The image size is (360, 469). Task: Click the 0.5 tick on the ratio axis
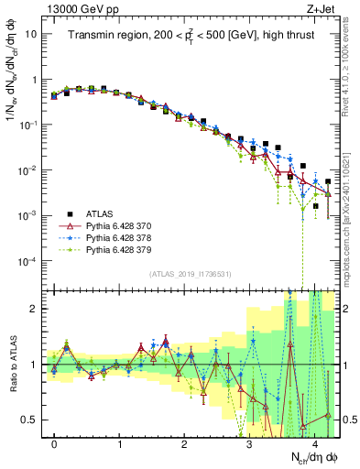(x=32, y=420)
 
